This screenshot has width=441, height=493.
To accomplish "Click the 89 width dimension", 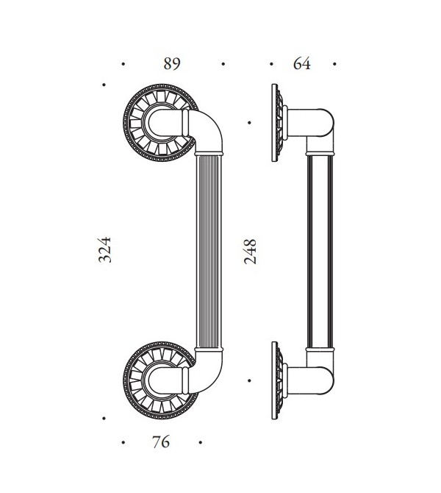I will click(x=171, y=64).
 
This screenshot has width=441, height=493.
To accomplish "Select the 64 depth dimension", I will click(x=302, y=64).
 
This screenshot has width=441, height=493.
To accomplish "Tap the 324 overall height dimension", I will click(x=105, y=251).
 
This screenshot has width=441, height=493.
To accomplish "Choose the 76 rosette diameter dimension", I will click(x=161, y=442).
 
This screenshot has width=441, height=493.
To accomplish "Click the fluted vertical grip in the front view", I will click(x=209, y=250).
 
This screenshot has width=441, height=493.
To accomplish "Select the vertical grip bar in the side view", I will click(x=320, y=250).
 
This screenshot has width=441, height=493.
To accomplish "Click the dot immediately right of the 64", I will click(x=334, y=64).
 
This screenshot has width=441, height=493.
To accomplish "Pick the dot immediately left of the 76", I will click(x=123, y=443).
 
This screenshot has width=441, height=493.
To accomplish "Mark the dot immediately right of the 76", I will click(x=200, y=443).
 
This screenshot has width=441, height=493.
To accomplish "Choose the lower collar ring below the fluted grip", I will click(x=209, y=348).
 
